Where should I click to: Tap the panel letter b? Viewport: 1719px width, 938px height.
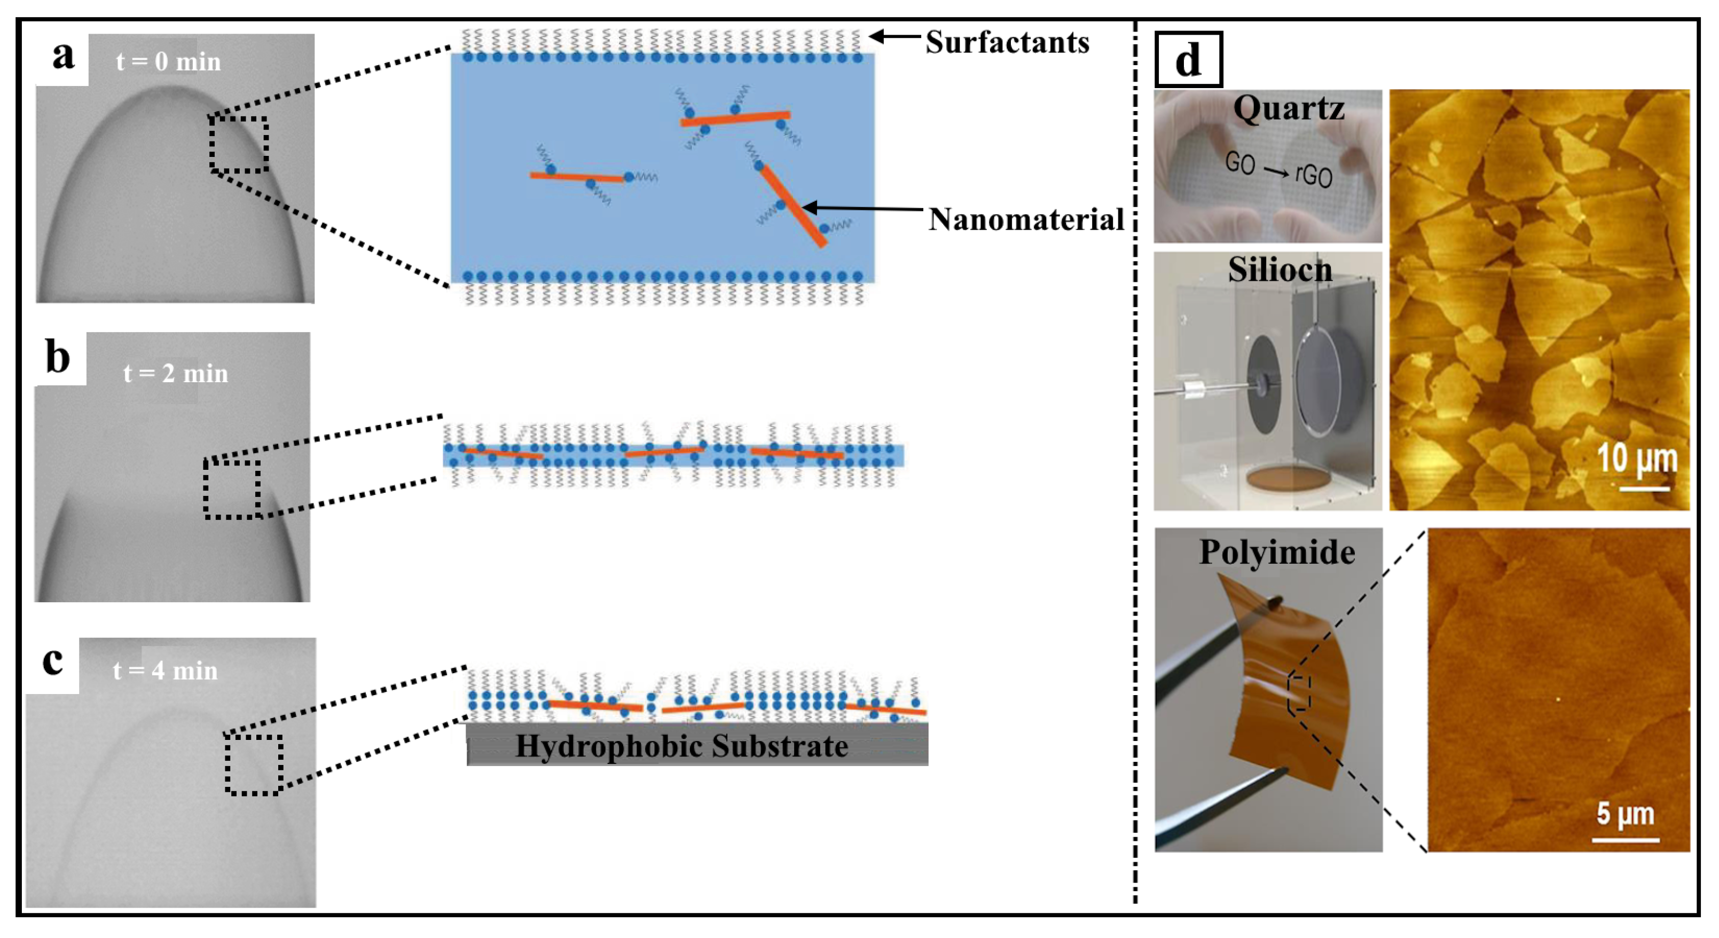pyautogui.click(x=58, y=358)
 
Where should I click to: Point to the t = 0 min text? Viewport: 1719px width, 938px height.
pyautogui.click(x=168, y=62)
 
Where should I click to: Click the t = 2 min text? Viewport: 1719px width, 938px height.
pyautogui.click(x=176, y=374)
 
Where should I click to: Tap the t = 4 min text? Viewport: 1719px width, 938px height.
pyautogui.click(x=166, y=671)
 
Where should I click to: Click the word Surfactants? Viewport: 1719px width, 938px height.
pyautogui.click(x=1007, y=43)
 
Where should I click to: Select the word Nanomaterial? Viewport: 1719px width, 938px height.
pyautogui.click(x=1026, y=219)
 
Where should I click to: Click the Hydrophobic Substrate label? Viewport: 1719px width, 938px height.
pyautogui.click(x=681, y=746)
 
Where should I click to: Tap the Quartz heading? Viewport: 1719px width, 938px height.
pyautogui.click(x=1288, y=108)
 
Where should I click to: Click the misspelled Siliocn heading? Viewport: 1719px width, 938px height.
pyautogui.click(x=1280, y=270)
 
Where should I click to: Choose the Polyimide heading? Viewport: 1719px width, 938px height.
pyautogui.click(x=1277, y=553)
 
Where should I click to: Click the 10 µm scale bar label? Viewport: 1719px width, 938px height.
pyautogui.click(x=1636, y=459)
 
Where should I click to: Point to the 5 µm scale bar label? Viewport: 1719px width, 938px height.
pyautogui.click(x=1625, y=815)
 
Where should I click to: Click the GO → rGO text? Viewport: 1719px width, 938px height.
pyautogui.click(x=1278, y=170)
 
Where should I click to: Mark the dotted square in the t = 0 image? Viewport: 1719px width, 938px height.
pyautogui.click(x=238, y=145)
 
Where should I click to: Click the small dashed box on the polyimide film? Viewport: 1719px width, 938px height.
pyautogui.click(x=1299, y=695)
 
